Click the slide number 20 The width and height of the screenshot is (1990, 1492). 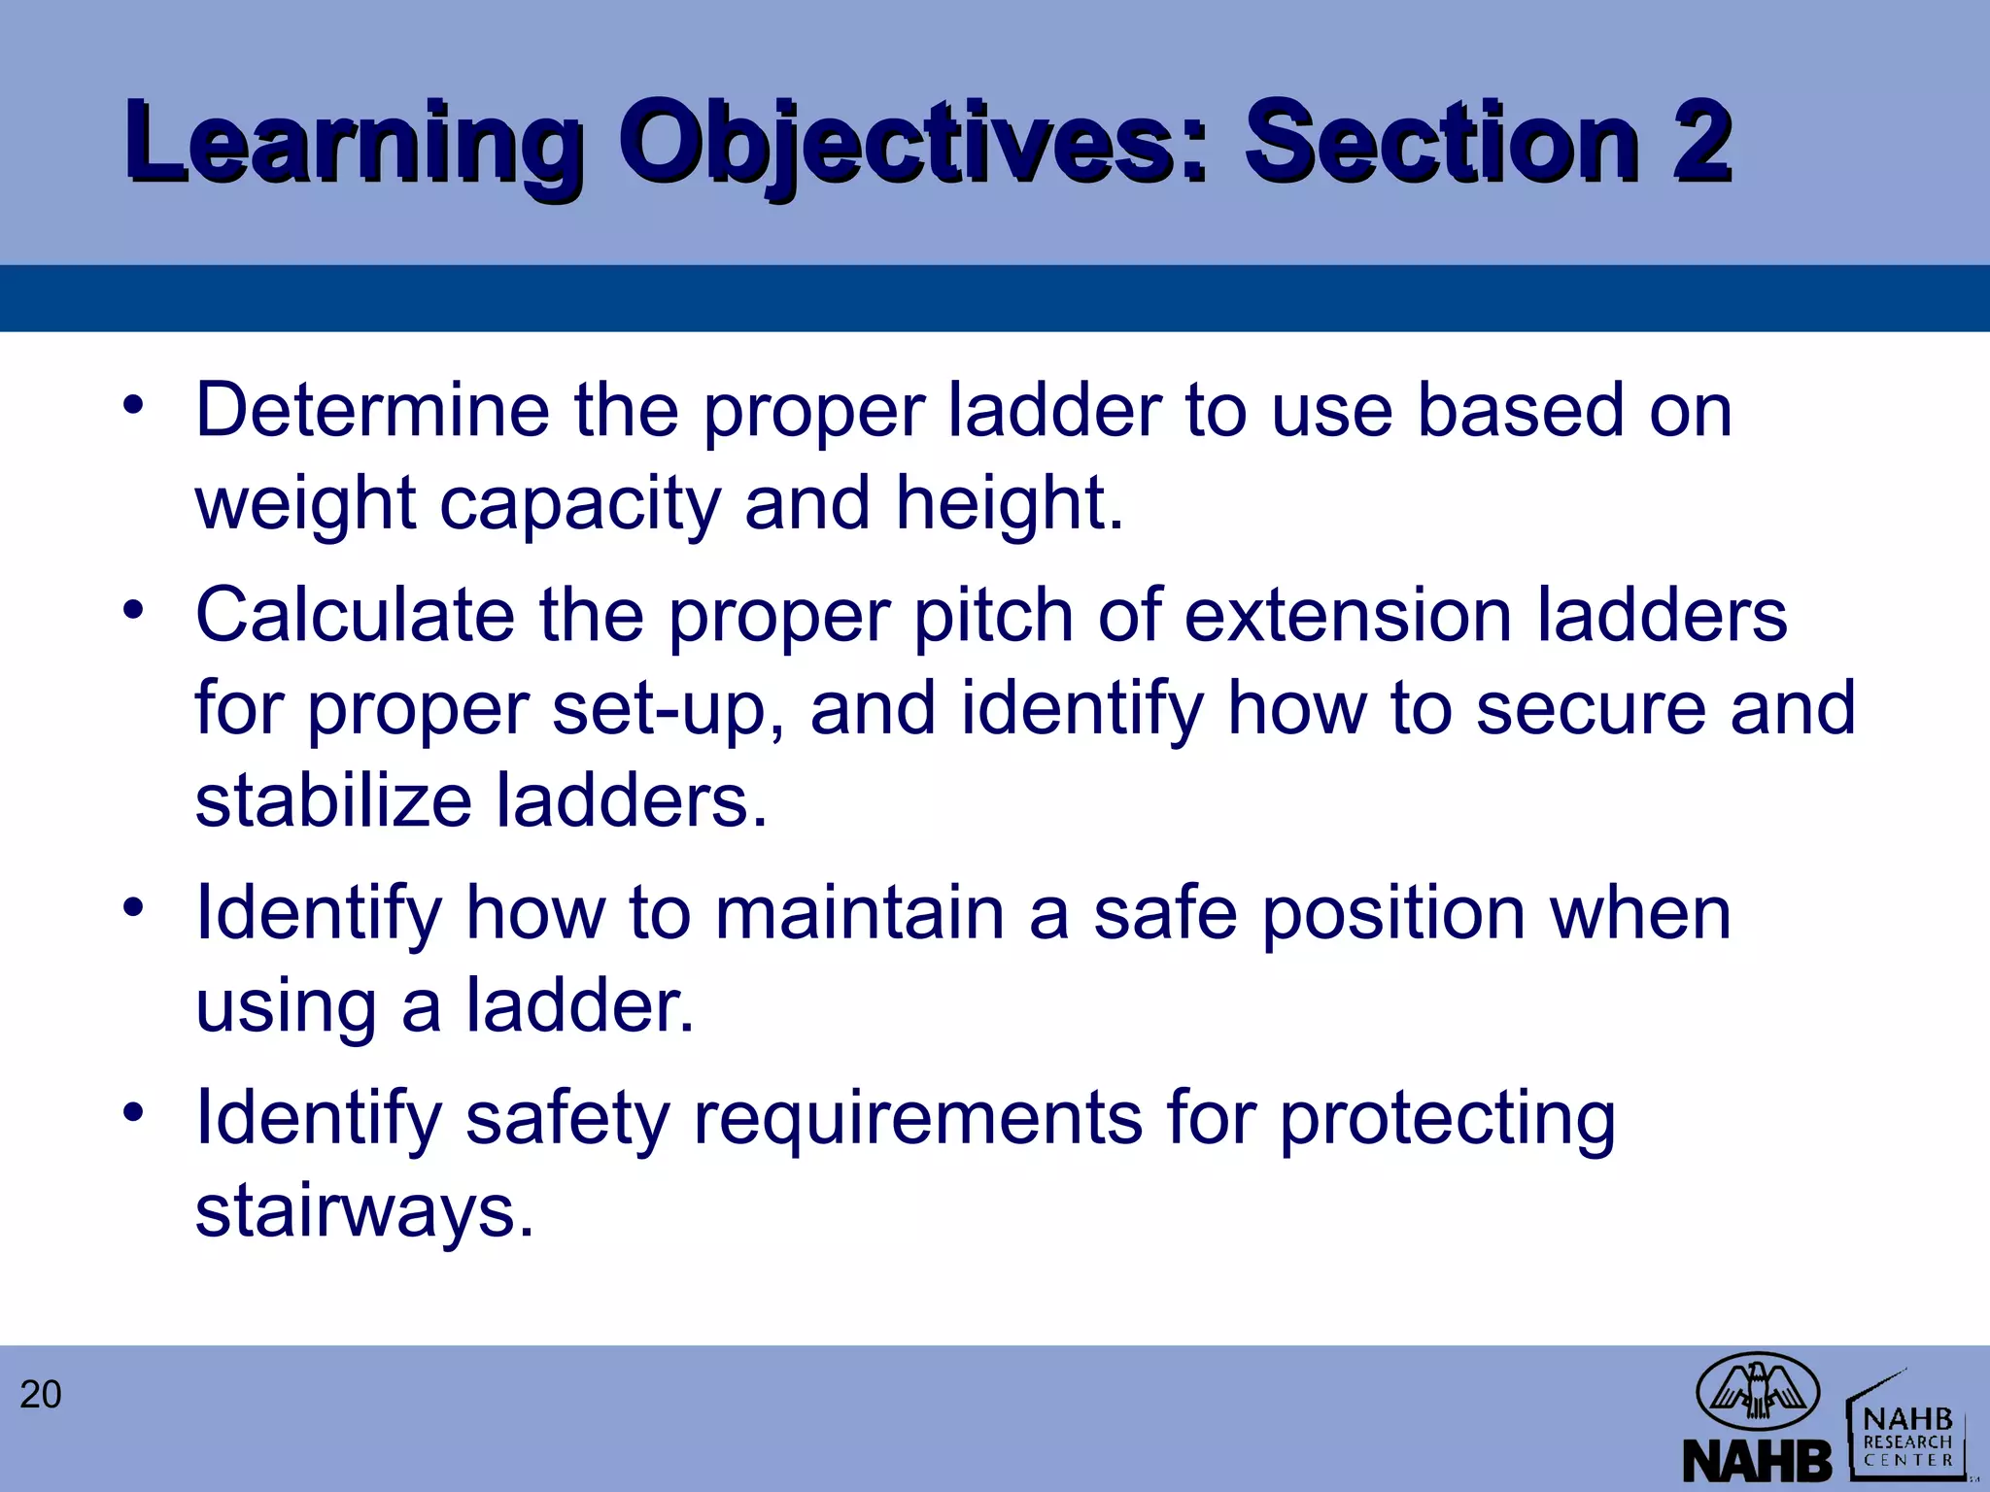point(41,1395)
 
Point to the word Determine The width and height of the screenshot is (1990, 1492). point(373,410)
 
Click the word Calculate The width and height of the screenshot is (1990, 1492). point(355,615)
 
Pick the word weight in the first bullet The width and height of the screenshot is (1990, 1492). point(305,503)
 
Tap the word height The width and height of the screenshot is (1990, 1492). point(1009,503)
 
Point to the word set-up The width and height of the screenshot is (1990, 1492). point(669,708)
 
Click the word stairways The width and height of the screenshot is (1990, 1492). point(364,1211)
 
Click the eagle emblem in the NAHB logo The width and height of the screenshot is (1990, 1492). point(1757,1390)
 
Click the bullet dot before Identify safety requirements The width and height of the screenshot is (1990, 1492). point(134,1109)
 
